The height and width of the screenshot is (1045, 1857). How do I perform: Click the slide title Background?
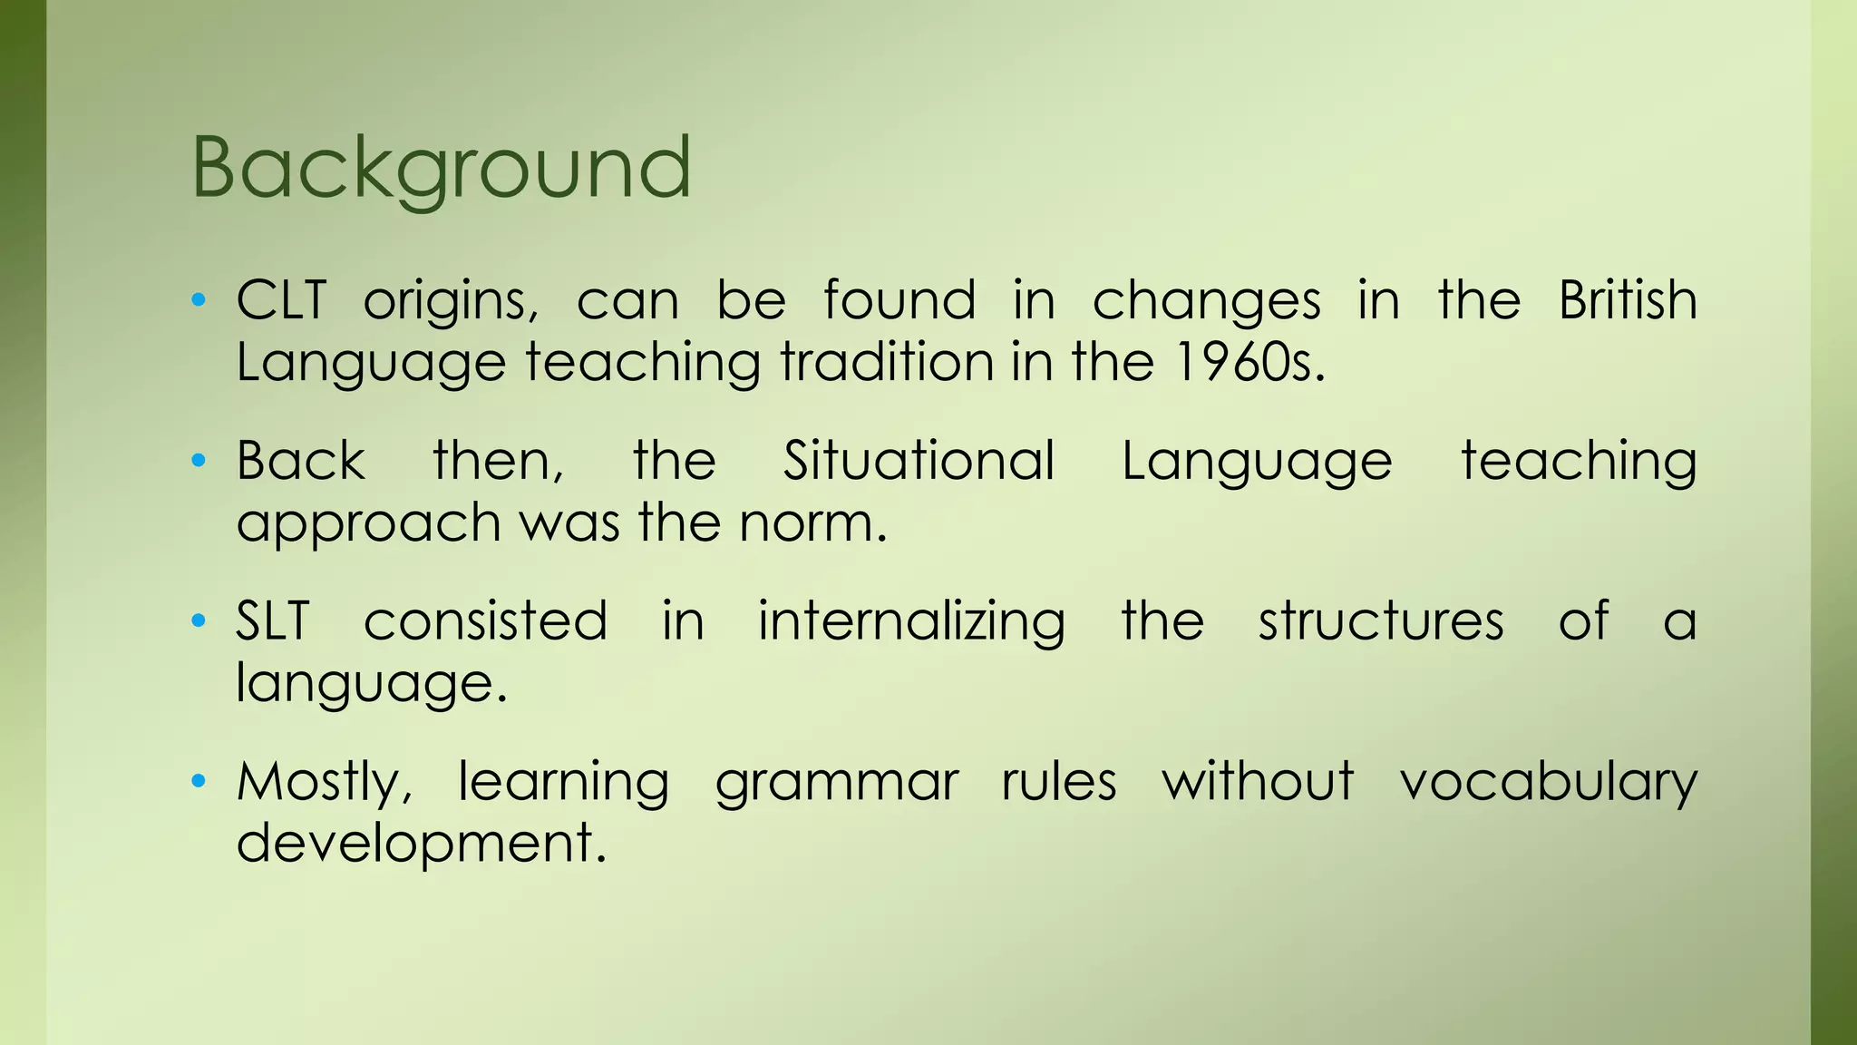(442, 169)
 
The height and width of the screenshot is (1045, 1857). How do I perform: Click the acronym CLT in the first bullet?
(281, 300)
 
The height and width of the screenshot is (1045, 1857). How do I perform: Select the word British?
(1628, 300)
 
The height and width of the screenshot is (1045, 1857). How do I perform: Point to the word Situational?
(919, 461)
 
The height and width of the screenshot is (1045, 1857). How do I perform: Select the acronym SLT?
(273, 621)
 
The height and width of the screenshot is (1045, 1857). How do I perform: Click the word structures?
(1380, 621)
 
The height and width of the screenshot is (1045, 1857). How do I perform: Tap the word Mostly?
(322, 782)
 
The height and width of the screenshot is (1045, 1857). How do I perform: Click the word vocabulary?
(1548, 782)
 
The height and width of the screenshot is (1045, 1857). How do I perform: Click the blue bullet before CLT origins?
(199, 300)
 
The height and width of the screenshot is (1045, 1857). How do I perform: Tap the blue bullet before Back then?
(199, 461)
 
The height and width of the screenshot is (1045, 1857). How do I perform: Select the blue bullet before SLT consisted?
(199, 621)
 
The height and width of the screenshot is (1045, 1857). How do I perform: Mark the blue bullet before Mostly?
(199, 781)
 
